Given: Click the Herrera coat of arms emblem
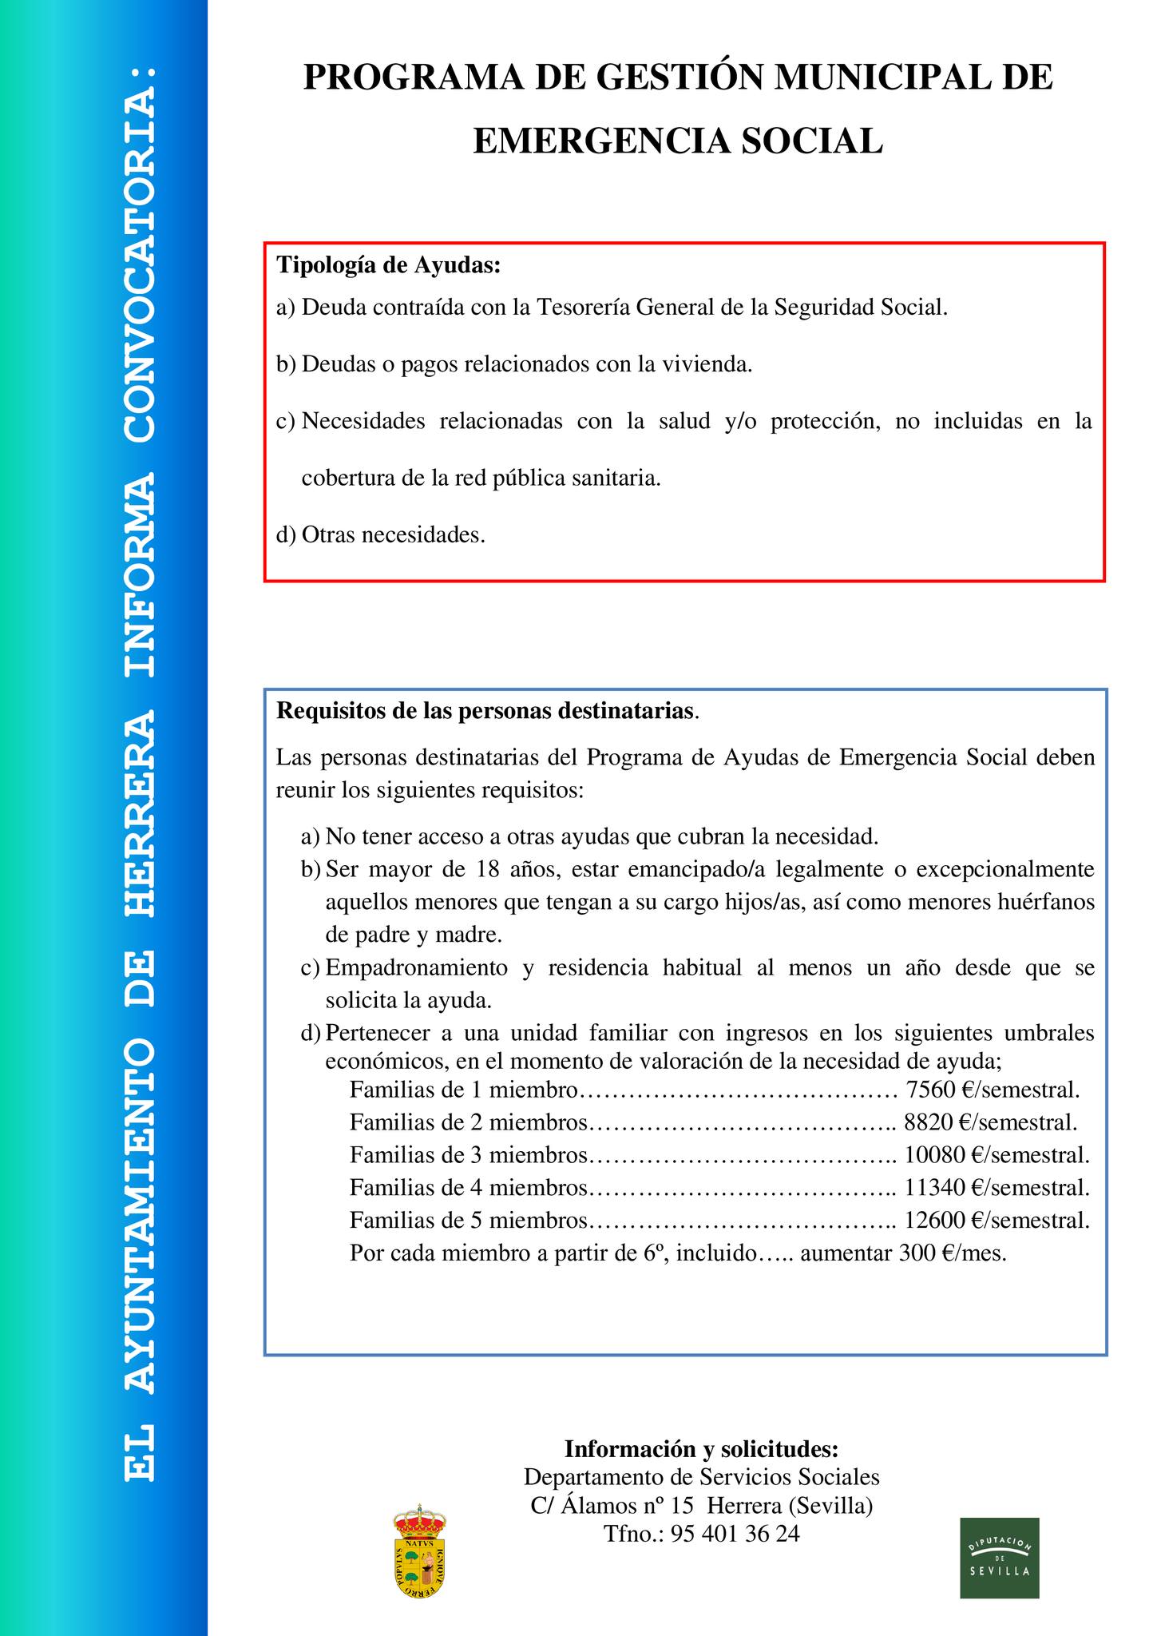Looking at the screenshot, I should coord(419,1553).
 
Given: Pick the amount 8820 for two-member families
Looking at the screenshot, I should coord(929,1122).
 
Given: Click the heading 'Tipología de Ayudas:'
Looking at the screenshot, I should coord(388,265).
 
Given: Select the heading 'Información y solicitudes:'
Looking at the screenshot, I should coord(701,1448).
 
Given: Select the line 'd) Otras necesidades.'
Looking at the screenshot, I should coord(381,534).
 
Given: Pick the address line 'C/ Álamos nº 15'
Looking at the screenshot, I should coord(612,1506).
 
